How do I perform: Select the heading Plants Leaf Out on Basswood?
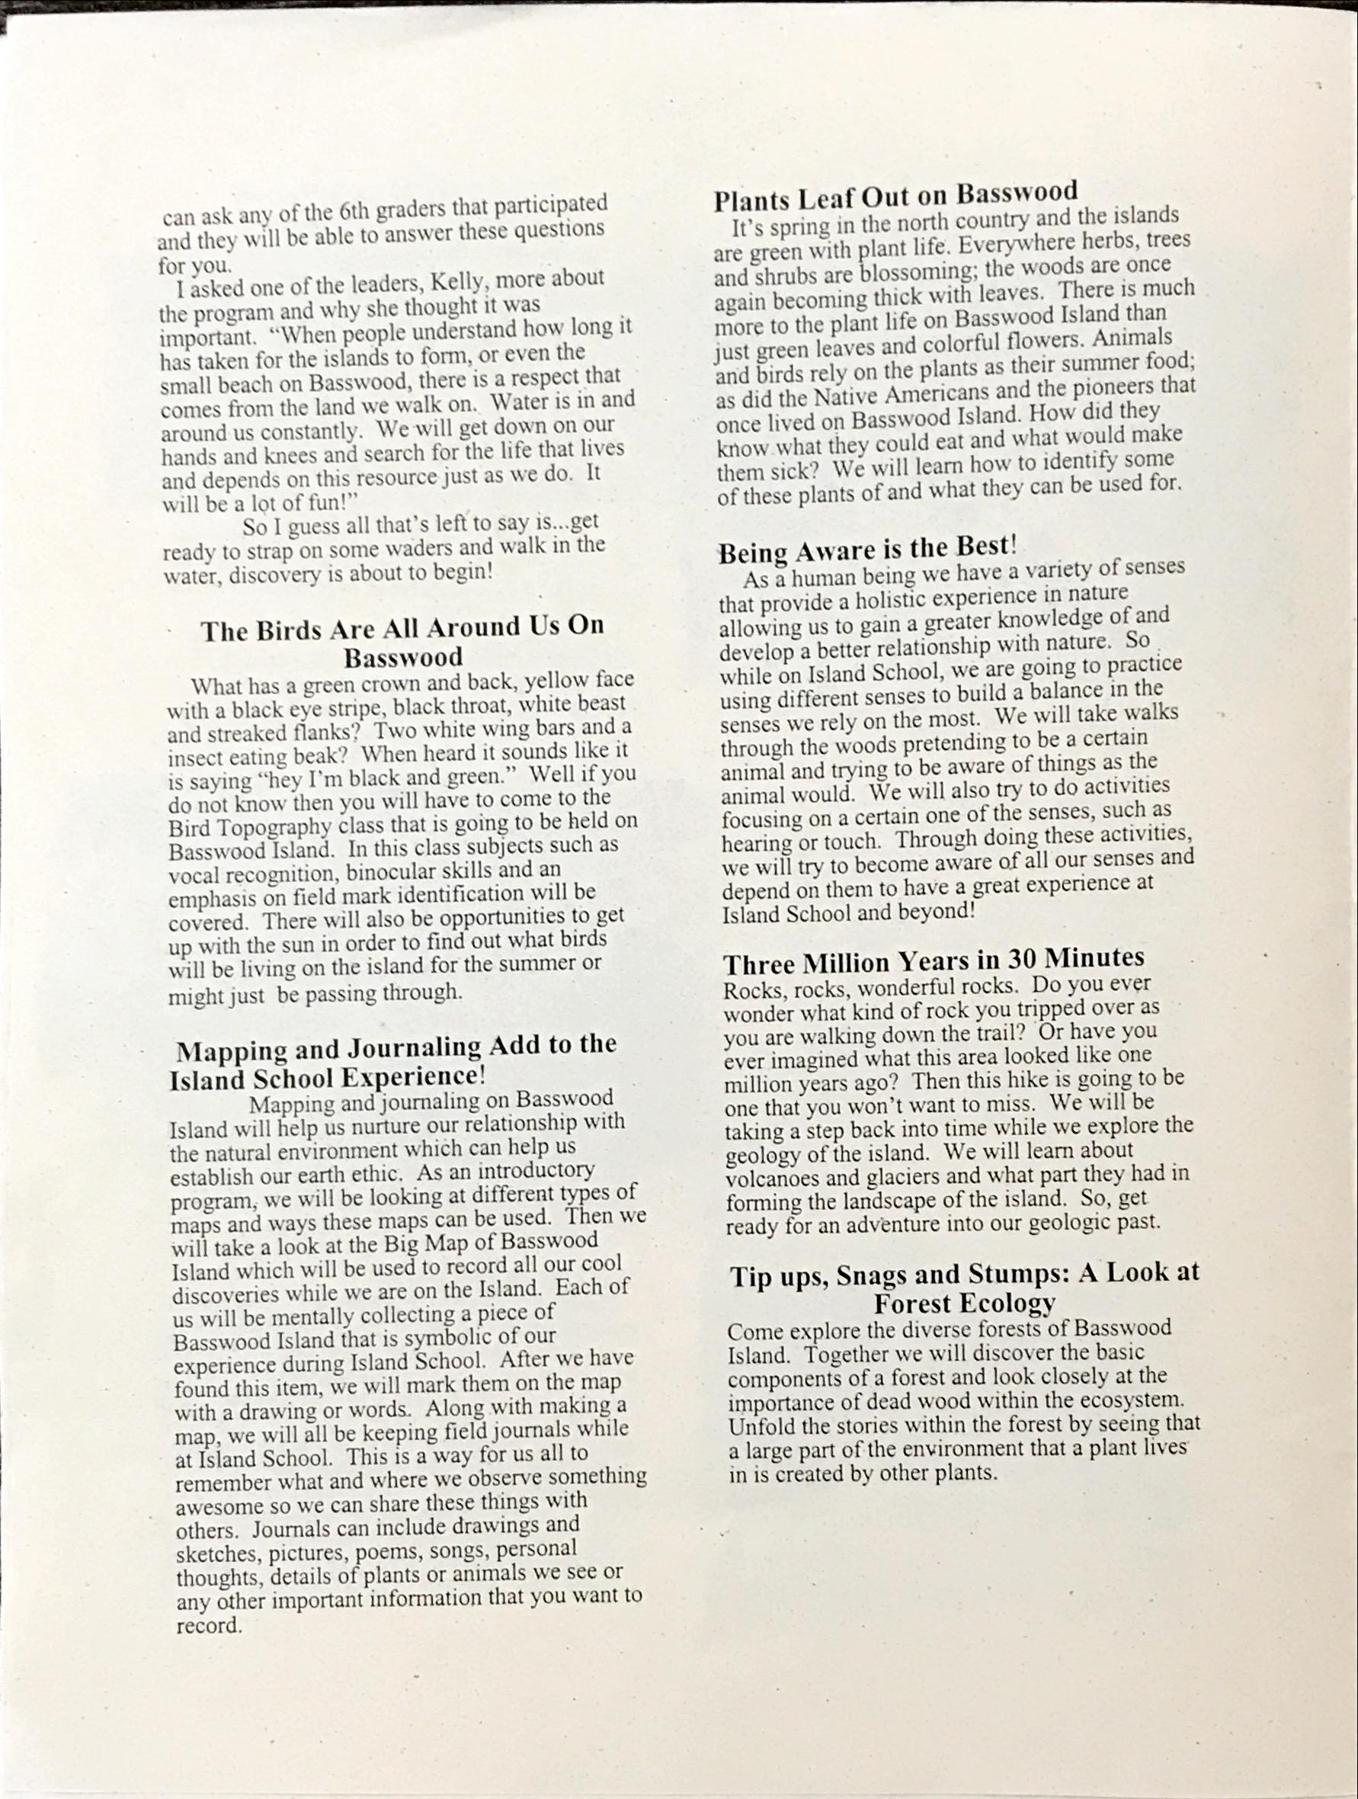[x=895, y=195]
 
